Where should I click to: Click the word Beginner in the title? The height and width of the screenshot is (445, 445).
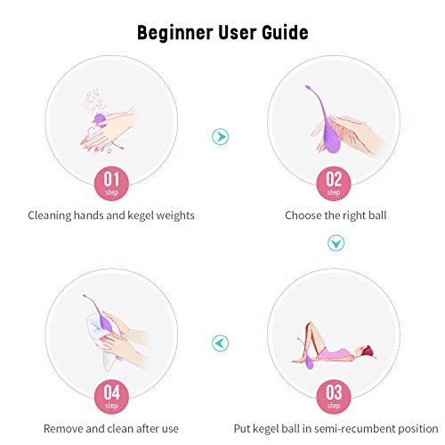point(175,33)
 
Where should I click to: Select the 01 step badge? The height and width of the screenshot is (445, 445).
point(111,183)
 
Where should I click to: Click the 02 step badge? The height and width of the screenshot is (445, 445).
point(334,183)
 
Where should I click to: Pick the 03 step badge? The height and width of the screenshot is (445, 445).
point(334,397)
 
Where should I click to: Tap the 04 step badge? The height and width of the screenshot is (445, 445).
point(111,397)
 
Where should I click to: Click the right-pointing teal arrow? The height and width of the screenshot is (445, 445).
point(221,137)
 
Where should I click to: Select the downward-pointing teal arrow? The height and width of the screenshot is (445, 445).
point(336,243)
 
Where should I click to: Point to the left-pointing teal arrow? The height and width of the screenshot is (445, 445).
point(221,343)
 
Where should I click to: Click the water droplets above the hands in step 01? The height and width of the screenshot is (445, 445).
point(95,101)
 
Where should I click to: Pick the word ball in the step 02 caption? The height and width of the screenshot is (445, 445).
point(377,215)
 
